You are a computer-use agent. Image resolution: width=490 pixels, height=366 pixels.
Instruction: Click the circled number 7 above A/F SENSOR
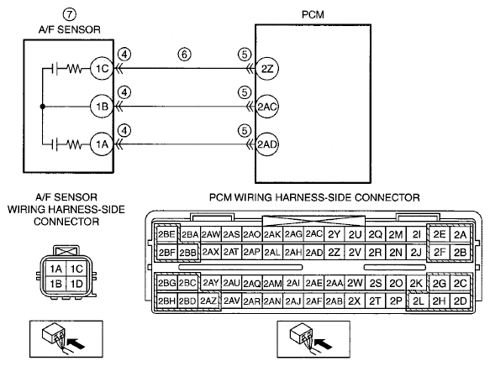tap(70, 14)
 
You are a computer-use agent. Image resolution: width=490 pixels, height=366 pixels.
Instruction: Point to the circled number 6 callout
tap(184, 55)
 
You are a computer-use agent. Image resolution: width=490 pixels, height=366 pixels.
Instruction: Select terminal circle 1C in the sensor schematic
tap(102, 68)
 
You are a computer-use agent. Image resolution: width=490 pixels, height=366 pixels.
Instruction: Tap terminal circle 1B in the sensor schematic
tap(102, 107)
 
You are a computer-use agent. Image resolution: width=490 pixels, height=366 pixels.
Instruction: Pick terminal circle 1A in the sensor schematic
tap(102, 144)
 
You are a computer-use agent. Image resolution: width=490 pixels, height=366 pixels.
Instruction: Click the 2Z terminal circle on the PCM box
tap(267, 69)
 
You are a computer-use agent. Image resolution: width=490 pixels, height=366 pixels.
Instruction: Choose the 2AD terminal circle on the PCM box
tap(267, 144)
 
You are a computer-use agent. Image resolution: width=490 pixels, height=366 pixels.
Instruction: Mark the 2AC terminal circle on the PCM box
tap(267, 107)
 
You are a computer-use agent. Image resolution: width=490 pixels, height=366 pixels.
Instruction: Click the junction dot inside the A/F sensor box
tap(43, 107)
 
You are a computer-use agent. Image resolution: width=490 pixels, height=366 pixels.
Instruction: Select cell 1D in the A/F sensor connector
tap(76, 284)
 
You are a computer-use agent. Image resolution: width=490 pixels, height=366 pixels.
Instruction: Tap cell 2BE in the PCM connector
tap(166, 234)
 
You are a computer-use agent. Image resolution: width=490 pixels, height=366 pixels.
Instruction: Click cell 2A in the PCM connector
tap(460, 234)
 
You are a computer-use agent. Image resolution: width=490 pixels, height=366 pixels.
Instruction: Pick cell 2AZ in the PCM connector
tap(208, 301)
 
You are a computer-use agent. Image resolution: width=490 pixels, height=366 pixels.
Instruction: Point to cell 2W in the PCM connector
tap(355, 283)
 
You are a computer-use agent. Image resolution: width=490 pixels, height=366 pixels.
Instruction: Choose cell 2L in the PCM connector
tap(418, 301)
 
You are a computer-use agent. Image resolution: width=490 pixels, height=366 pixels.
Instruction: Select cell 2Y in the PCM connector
tap(334, 234)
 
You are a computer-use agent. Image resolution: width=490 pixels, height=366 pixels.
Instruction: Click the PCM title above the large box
tap(313, 14)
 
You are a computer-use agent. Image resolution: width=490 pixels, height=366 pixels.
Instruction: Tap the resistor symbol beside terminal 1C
tap(75, 69)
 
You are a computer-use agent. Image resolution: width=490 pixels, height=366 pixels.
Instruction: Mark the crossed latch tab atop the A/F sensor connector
tap(67, 250)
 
